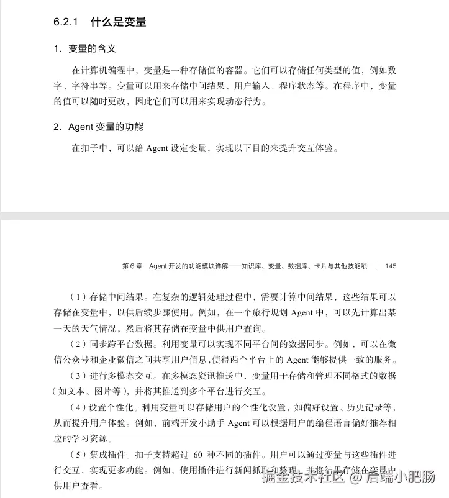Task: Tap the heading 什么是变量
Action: pos(118,22)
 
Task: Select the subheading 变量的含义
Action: pos(92,48)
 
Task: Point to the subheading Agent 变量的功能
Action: pos(106,127)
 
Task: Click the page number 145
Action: pos(391,266)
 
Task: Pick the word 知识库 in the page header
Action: pos(253,266)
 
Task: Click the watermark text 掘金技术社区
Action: pos(302,478)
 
